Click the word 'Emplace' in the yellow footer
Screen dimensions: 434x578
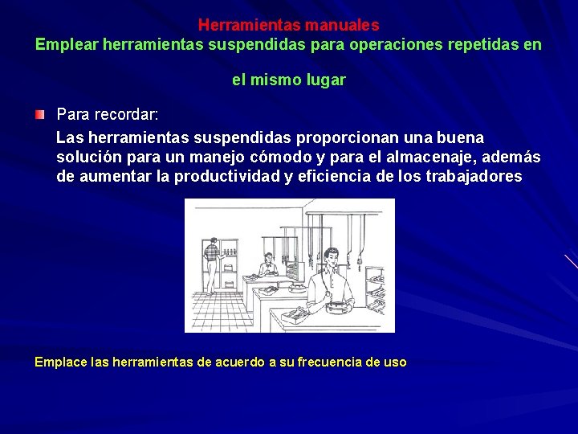point(61,362)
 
